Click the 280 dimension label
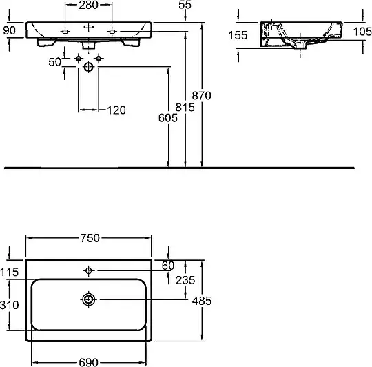click(x=88, y=5)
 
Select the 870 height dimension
click(x=201, y=95)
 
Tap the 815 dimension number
click(x=185, y=107)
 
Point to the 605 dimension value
click(x=168, y=118)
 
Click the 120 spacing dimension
click(x=116, y=110)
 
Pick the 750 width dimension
click(x=90, y=238)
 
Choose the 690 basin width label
click(x=88, y=362)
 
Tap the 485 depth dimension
click(x=202, y=301)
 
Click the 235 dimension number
click(x=185, y=280)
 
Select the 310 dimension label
click(x=9, y=305)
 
